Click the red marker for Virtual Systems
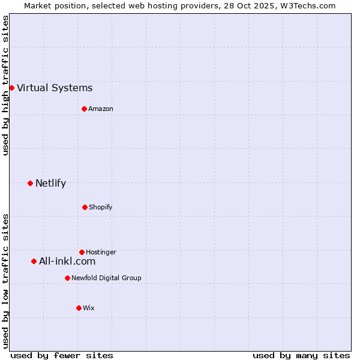click(x=11, y=88)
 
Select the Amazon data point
click(x=84, y=109)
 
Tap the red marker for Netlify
click(x=30, y=183)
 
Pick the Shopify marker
click(x=85, y=207)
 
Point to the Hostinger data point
click(x=82, y=252)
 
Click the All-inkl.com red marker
click(x=34, y=261)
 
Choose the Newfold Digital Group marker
click(x=67, y=278)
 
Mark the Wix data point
click(x=79, y=308)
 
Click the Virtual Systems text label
click(x=55, y=88)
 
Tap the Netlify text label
click(x=50, y=184)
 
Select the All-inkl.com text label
click(x=67, y=262)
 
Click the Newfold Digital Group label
click(x=106, y=278)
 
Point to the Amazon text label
click(x=101, y=109)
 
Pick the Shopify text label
click(x=100, y=207)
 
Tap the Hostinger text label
click(x=101, y=252)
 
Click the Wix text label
click(x=89, y=308)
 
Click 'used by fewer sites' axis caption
click(x=62, y=356)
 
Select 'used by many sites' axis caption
click(x=301, y=356)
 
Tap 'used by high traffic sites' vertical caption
click(x=6, y=85)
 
